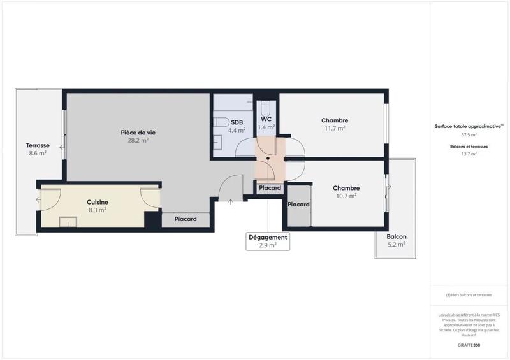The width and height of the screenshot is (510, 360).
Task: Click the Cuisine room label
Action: [x=98, y=202]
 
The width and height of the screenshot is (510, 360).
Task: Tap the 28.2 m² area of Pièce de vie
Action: [x=138, y=141]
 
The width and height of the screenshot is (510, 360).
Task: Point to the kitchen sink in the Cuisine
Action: [x=68, y=222]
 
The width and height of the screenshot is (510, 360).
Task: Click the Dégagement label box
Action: [x=268, y=241]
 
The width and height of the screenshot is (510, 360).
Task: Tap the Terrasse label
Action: [x=38, y=145]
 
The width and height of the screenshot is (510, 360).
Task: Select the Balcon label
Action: [x=396, y=236]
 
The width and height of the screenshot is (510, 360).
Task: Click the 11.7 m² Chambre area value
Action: [x=334, y=128]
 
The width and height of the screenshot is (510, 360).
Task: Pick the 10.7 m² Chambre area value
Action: [x=346, y=196]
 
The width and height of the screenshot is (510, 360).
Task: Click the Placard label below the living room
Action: [x=186, y=219]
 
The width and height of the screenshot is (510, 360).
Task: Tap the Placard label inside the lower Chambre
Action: [x=298, y=205]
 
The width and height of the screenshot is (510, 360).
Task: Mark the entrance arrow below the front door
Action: [x=231, y=203]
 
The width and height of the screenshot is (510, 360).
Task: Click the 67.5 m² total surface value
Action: [x=469, y=135]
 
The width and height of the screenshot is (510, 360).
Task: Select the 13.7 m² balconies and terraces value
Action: [x=469, y=154]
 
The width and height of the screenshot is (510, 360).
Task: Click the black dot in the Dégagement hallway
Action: [x=268, y=158]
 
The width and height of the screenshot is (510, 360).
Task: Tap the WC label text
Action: [x=266, y=119]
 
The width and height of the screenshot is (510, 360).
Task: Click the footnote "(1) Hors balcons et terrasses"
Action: [x=469, y=295]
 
